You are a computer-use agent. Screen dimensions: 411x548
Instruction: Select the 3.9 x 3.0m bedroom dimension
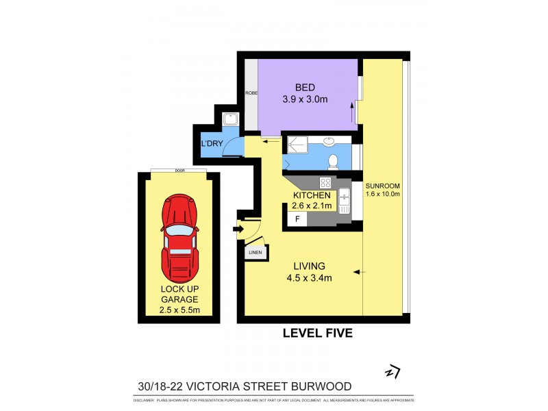point(306,99)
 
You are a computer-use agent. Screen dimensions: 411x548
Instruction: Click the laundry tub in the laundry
point(232,120)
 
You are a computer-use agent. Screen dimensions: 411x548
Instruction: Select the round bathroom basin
point(329,142)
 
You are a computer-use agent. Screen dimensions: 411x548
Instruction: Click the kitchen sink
point(345,199)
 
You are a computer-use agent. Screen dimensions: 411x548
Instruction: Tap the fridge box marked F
point(297,219)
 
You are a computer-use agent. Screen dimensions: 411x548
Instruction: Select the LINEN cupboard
point(255,252)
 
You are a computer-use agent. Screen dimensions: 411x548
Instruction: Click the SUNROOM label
point(383,186)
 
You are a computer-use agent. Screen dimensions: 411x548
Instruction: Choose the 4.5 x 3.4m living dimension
point(309,277)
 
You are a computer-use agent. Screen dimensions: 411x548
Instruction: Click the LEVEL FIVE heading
point(317,334)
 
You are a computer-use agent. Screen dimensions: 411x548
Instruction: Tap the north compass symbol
point(392,372)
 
